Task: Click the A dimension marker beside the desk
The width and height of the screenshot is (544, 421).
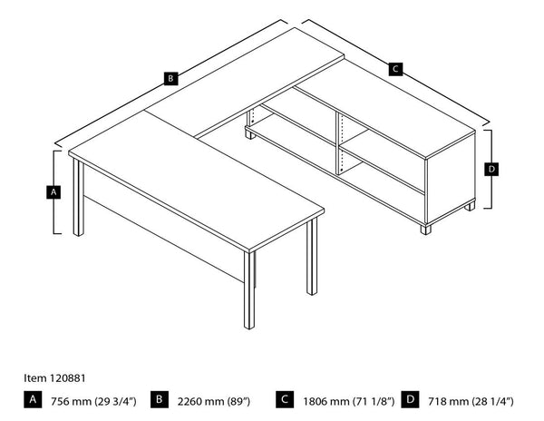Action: click(53, 192)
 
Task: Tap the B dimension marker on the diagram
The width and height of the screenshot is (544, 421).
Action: click(170, 78)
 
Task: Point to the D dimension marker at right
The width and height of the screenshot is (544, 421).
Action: click(491, 169)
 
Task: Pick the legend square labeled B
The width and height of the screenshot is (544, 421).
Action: click(158, 398)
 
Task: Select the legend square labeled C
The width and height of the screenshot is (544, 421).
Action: click(285, 398)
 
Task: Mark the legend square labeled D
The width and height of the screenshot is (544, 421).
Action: click(410, 398)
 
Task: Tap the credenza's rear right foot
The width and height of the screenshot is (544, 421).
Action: click(469, 206)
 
